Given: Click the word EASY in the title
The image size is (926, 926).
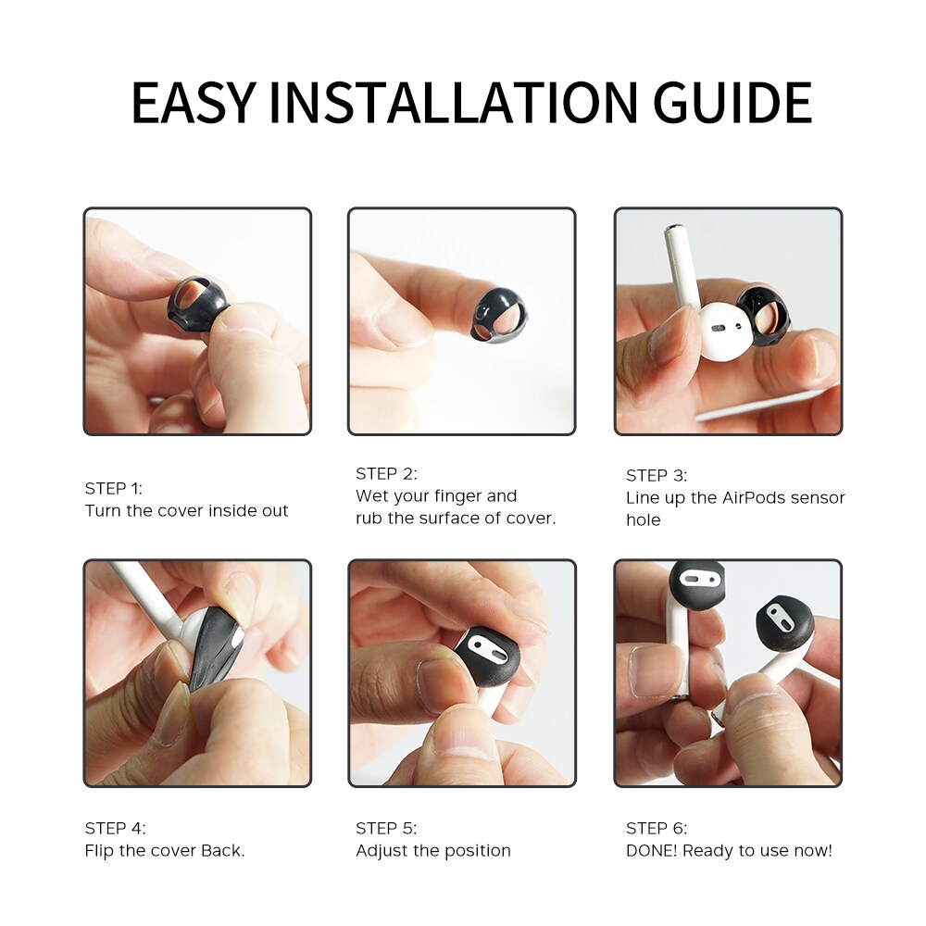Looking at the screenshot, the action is point(194,103).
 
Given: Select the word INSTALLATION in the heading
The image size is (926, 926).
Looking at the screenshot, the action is point(454,103).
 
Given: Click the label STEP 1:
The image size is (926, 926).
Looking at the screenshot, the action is point(113,488).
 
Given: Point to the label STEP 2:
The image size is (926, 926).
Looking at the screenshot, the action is point(386,473).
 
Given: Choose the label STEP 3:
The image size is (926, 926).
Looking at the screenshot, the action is point(657,475).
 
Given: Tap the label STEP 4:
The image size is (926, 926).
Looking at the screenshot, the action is point(115,829).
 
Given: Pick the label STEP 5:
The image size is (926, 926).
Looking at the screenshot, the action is point(386,829).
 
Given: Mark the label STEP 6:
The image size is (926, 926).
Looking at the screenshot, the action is point(657,829).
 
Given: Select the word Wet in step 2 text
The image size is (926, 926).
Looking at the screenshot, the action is point(370,496).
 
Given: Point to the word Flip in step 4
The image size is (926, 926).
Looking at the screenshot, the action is point(99,852).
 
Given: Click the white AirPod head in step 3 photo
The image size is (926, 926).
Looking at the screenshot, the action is point(728,333).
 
